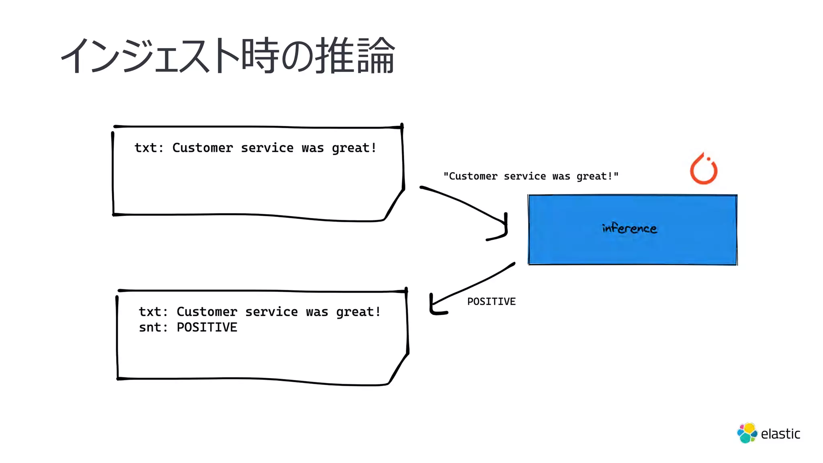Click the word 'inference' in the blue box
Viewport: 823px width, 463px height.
click(629, 229)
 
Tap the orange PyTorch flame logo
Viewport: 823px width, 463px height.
click(704, 169)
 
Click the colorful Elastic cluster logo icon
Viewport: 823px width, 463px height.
click(747, 433)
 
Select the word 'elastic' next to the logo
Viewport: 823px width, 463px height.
click(780, 434)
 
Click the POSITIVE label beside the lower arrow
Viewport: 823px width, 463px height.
click(491, 301)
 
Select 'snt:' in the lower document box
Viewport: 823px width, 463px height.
click(153, 327)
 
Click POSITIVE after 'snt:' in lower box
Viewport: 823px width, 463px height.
click(207, 327)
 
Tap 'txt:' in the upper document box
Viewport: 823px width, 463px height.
click(148, 148)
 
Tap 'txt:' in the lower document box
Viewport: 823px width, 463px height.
click(153, 312)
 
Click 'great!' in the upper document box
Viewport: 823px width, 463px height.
click(354, 148)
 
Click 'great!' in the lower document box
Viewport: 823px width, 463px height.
click(358, 312)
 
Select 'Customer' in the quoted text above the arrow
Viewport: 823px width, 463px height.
click(473, 176)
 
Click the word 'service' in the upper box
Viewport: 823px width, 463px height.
click(267, 148)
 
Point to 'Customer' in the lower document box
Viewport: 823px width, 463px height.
click(207, 312)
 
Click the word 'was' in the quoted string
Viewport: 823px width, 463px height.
click(561, 176)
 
